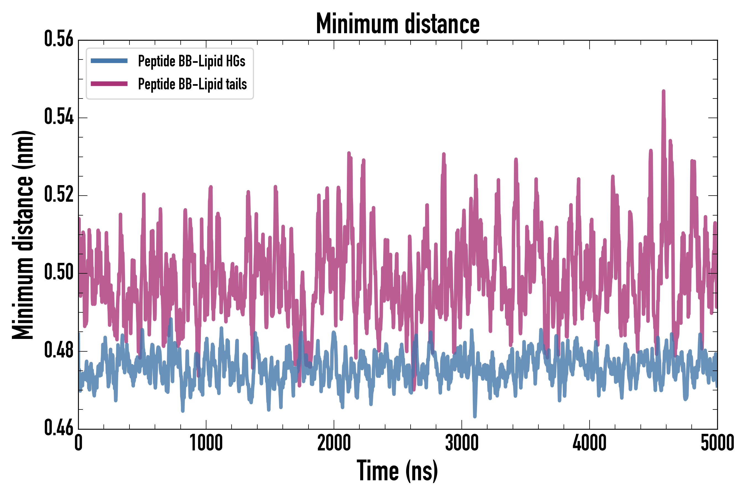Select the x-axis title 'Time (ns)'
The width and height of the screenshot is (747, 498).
coord(397,471)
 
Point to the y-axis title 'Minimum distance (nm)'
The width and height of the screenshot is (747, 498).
coord(23,235)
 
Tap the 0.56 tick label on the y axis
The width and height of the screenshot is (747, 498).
coord(59,39)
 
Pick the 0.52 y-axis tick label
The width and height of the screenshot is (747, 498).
coord(59,195)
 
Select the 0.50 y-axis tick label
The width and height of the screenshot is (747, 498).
coord(59,273)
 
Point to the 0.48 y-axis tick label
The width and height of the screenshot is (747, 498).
coord(59,350)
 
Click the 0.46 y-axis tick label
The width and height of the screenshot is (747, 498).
coord(59,428)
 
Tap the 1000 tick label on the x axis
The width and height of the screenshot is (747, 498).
coord(206,443)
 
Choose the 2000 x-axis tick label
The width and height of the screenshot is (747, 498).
coord(334,443)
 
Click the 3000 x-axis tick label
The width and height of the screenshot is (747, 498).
coord(461,443)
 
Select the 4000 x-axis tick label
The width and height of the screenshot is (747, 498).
coord(590,443)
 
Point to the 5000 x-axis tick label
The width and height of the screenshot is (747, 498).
coord(717,443)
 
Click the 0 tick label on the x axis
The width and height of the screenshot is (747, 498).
coord(79,443)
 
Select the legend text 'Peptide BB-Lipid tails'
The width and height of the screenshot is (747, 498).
coord(193,84)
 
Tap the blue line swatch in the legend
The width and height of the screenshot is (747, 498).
coord(109,61)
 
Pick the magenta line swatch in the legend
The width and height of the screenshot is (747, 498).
coord(109,84)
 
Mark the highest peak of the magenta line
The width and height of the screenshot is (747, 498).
coord(663,92)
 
